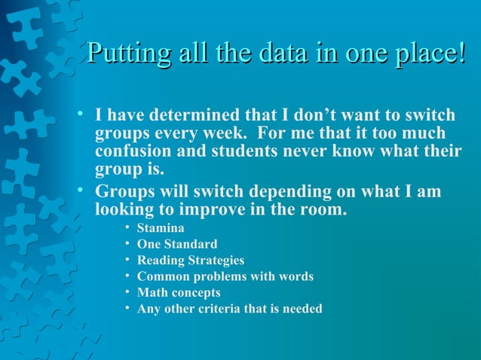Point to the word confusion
[134, 151]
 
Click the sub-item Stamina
[161, 227]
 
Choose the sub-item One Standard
[177, 244]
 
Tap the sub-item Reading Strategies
[191, 261]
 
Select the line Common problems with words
[225, 276]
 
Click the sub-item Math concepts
[179, 292]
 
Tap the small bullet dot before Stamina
[127, 227]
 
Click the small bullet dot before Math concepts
[127, 292]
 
